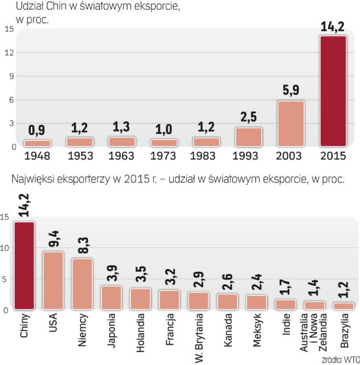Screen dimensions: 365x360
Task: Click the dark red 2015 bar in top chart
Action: point(333,91)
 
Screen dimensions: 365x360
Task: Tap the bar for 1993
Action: point(248,137)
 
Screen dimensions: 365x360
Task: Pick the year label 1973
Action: point(163,155)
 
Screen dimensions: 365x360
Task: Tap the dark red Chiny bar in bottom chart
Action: point(24,266)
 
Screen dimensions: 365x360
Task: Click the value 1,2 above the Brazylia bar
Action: point(344,289)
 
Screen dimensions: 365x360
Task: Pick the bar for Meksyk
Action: point(257,302)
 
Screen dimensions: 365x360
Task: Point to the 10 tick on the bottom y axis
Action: point(5,248)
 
